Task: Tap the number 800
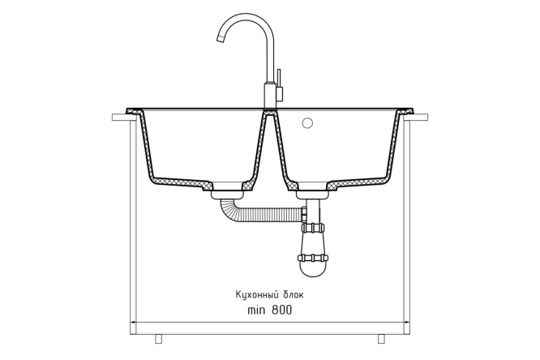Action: (x=281, y=310)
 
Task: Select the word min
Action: (x=256, y=310)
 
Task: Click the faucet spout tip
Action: (x=221, y=39)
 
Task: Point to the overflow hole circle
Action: (x=306, y=123)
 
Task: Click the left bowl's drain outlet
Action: (x=227, y=195)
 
